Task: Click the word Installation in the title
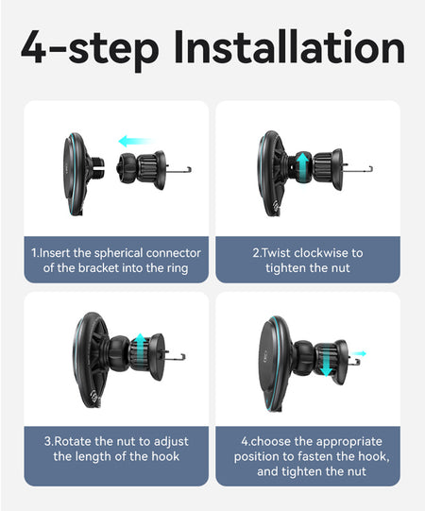coord(289,47)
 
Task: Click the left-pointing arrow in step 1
coord(137,141)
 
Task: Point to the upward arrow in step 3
coord(140,348)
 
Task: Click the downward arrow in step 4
coord(326,361)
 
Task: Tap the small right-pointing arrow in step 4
coord(359,353)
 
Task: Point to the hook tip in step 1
coord(190,169)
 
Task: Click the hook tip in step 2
coord(370,169)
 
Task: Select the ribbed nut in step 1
coord(147,169)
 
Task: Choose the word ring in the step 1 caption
coord(178,269)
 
